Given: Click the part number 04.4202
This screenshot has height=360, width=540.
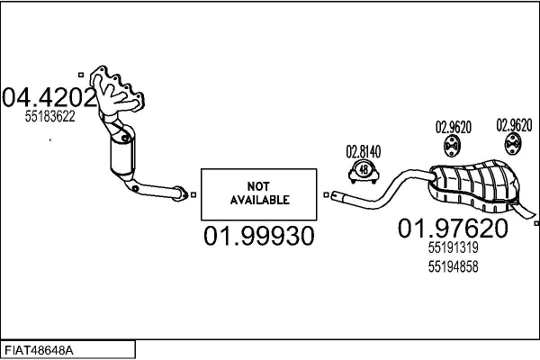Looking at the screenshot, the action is pos(49,97).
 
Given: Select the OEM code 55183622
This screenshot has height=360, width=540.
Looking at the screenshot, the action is pos(49,116).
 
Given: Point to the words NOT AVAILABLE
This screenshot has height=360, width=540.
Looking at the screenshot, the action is pos(259,193).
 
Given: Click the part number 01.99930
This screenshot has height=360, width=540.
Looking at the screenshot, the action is pos(259,236).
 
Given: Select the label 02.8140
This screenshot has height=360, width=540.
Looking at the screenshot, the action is pos(364,152).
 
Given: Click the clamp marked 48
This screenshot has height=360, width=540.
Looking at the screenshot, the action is pos(364,171).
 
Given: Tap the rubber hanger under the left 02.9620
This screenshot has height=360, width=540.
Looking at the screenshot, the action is pos(452,146).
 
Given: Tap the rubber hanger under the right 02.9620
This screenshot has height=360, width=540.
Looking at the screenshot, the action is pos(513,144).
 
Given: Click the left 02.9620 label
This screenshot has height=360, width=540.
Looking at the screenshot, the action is pos(454,128).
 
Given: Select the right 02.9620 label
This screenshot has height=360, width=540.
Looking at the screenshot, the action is pos(514,125).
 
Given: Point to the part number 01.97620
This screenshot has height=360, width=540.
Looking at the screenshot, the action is pos(453,228).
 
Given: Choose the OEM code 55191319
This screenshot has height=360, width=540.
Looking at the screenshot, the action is pos(454,247).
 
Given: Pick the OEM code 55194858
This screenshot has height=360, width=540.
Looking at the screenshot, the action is pos(454,267).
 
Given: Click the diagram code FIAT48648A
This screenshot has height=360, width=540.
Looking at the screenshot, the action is pos(39,351).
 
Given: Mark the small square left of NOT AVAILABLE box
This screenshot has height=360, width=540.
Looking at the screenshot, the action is pos(193,195).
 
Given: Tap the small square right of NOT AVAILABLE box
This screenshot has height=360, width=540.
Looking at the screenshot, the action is pos(326,195).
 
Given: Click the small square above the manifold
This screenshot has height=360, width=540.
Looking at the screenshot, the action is pos(81,75).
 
